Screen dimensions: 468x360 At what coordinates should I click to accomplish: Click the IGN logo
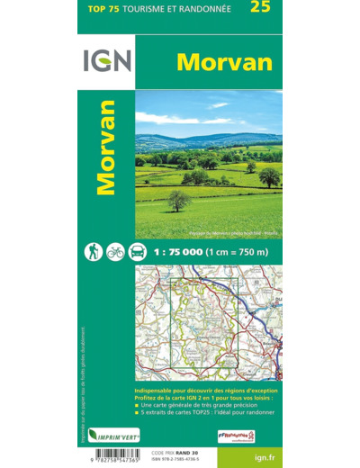point(107,60)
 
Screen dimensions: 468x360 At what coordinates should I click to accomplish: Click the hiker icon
point(93,251)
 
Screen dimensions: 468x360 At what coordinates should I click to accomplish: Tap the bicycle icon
point(114,251)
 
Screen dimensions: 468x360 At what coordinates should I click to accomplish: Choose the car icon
point(137,251)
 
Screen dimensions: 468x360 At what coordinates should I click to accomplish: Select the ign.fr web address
point(266,456)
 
